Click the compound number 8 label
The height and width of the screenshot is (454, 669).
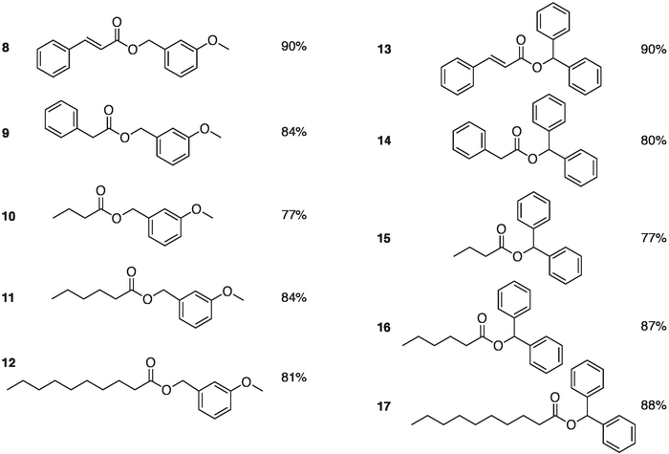click(7, 46)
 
